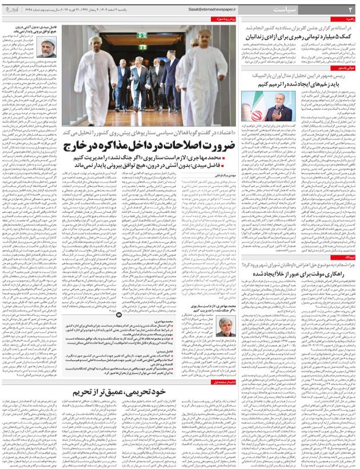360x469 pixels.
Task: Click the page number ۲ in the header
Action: [351, 10]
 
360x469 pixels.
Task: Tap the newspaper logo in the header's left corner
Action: [13, 10]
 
